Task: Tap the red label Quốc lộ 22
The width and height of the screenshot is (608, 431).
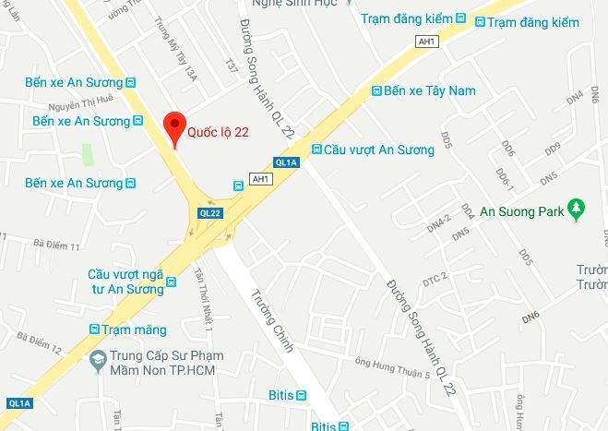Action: click(219, 132)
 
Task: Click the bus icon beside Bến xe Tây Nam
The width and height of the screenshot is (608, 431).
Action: click(376, 90)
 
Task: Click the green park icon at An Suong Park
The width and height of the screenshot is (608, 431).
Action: click(578, 210)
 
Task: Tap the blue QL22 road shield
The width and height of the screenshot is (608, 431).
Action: click(209, 212)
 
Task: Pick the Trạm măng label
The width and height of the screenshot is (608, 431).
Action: click(135, 329)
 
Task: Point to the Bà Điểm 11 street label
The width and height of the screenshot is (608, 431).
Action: click(57, 246)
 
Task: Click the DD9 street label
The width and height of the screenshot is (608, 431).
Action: click(553, 149)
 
